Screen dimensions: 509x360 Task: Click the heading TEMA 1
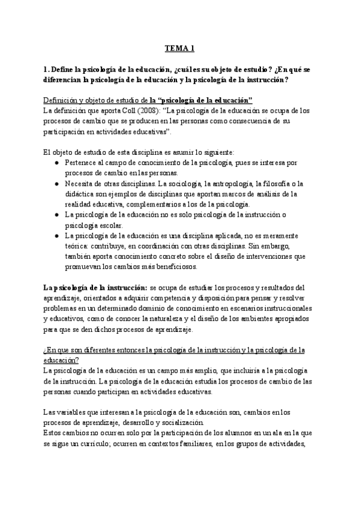tap(180, 49)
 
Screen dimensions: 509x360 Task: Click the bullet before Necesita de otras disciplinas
tap(56, 183)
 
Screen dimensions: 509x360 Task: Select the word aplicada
tap(223, 235)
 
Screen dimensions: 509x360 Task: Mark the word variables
tap(64, 412)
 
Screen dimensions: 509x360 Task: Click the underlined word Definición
tap(62, 100)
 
